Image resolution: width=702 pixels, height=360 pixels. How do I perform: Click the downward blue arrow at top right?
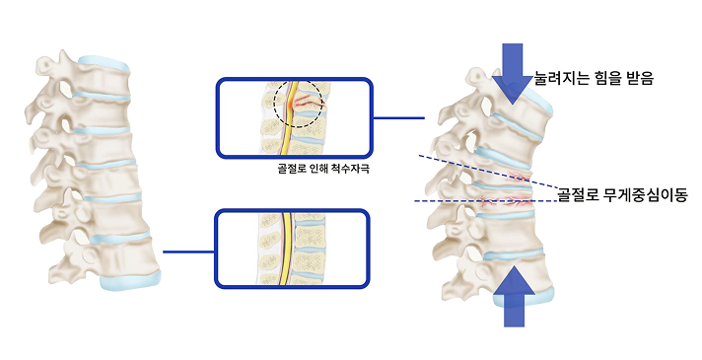(x=513, y=70)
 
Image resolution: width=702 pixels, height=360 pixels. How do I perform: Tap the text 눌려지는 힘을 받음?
(x=594, y=75)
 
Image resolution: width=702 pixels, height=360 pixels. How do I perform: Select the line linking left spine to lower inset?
(x=187, y=252)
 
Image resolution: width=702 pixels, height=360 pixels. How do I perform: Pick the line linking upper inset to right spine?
(x=398, y=118)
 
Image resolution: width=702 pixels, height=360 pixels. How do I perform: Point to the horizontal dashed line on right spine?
(x=473, y=201)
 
